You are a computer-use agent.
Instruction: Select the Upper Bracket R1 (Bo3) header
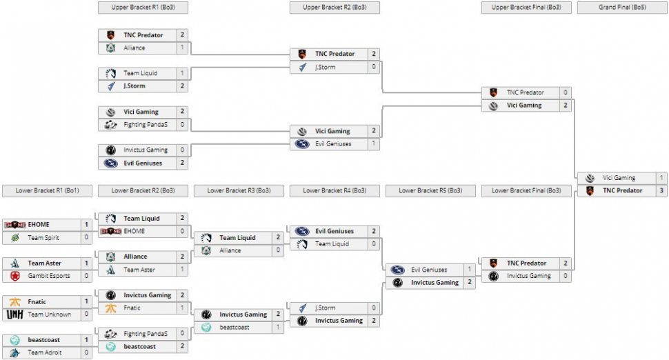(143, 8)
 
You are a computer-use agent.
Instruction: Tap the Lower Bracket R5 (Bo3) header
(430, 190)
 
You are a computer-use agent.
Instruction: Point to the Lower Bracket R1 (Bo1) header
(48, 190)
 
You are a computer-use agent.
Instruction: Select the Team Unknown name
(49, 314)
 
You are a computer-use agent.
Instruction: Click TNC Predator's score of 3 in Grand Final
(661, 190)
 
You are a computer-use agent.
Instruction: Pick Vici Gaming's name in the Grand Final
(619, 178)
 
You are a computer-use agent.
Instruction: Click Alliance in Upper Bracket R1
(134, 48)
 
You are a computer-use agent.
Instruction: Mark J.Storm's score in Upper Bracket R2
(373, 67)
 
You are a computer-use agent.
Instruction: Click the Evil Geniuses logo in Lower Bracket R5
(397, 270)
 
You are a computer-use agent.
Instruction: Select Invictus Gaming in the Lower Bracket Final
(529, 276)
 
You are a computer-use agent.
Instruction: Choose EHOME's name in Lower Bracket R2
(134, 231)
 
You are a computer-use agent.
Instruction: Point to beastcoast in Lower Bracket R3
(234, 327)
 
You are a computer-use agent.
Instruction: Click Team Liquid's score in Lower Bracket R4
(373, 244)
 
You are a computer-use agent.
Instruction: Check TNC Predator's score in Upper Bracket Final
(565, 92)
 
